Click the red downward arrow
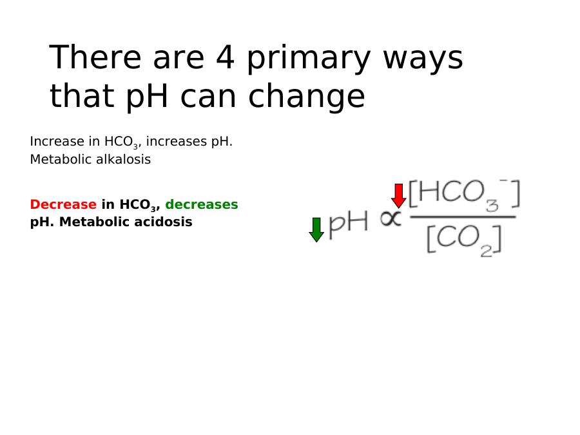coord(399,196)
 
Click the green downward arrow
coord(316,229)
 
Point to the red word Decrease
coord(63,204)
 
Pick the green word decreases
coord(202,204)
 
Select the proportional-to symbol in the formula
coord(391,218)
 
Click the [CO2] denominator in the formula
coord(465,240)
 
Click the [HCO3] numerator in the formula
coord(465,195)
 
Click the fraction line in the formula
coord(463,217)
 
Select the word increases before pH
coord(177,141)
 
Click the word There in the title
coord(95,57)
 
